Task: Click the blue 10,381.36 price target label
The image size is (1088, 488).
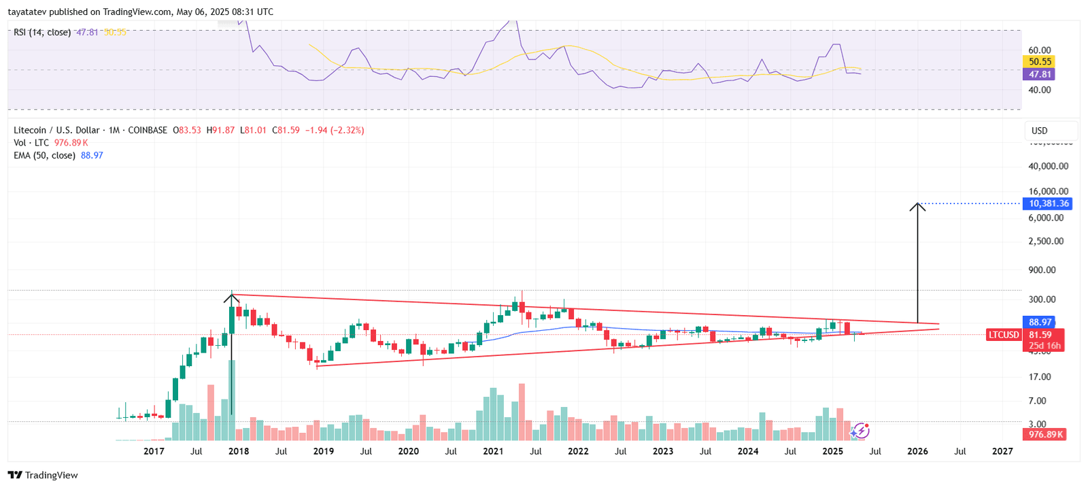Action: pyautogui.click(x=1047, y=204)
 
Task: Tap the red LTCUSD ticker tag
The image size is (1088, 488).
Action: pyautogui.click(x=1004, y=335)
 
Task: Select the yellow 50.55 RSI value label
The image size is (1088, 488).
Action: pyautogui.click(x=1039, y=62)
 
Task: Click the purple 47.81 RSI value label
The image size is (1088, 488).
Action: pyautogui.click(x=1039, y=75)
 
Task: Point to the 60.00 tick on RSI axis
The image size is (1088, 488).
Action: pyautogui.click(x=1039, y=50)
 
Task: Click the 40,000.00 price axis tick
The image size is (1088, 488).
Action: pyautogui.click(x=1048, y=166)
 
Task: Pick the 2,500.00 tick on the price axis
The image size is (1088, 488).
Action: pyautogui.click(x=1046, y=241)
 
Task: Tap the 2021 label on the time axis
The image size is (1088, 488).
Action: pyautogui.click(x=493, y=451)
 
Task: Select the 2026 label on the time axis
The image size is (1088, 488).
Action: pyautogui.click(x=917, y=451)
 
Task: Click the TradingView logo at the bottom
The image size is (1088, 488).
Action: pyautogui.click(x=43, y=475)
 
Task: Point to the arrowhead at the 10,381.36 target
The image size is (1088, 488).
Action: pyautogui.click(x=917, y=205)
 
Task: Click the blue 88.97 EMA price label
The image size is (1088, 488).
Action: pyautogui.click(x=1040, y=322)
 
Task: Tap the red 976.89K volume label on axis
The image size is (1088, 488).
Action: pyautogui.click(x=1045, y=434)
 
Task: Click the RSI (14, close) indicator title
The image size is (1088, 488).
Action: pyautogui.click(x=42, y=32)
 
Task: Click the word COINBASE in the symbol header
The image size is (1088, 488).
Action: pyautogui.click(x=148, y=130)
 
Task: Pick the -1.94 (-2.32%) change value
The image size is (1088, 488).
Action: pyautogui.click(x=334, y=130)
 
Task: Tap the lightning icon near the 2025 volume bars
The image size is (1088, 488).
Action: pyautogui.click(x=861, y=430)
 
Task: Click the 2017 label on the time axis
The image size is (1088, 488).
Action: pyautogui.click(x=154, y=451)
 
